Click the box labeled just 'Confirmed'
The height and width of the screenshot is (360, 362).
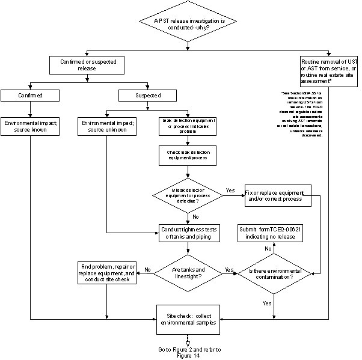tap(30, 95)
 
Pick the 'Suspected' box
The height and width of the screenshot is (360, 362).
tap(148, 95)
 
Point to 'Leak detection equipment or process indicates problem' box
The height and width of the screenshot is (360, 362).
tap(188, 125)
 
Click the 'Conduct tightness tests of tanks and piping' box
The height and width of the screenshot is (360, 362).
tap(188, 233)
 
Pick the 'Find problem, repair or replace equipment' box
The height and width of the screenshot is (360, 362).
tap(107, 273)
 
